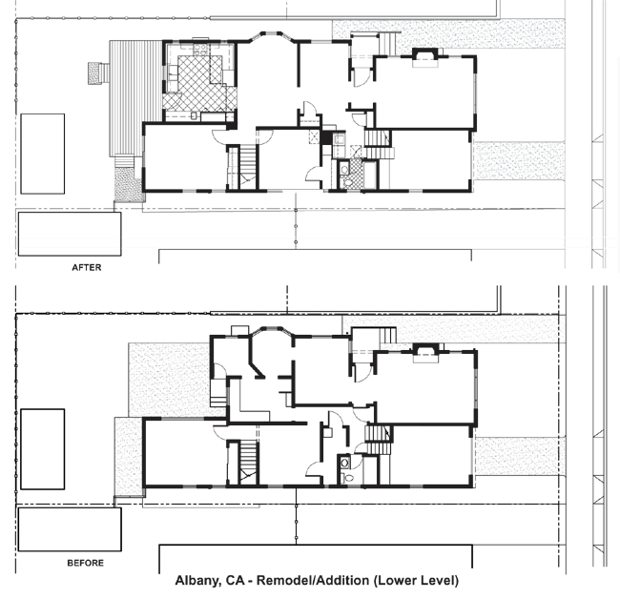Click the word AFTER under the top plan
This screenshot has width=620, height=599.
click(87, 268)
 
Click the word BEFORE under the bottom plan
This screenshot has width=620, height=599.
click(86, 563)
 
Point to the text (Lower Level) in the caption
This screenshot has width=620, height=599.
click(416, 581)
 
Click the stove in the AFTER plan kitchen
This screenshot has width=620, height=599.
click(200, 50)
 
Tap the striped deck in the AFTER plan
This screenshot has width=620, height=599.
click(135, 98)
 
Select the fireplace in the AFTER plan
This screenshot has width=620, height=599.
click(425, 58)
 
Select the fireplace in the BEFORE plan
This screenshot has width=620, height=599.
click(425, 353)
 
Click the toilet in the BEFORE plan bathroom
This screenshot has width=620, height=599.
click(348, 478)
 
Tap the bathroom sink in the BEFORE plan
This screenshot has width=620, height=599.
click(344, 463)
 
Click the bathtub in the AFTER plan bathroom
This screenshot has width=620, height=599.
click(370, 174)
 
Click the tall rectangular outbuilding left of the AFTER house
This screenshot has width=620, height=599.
click(42, 154)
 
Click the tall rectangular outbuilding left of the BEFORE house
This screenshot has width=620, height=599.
click(42, 449)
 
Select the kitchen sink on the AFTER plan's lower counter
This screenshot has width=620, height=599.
click(194, 115)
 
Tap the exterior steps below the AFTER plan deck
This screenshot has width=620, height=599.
click(123, 162)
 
